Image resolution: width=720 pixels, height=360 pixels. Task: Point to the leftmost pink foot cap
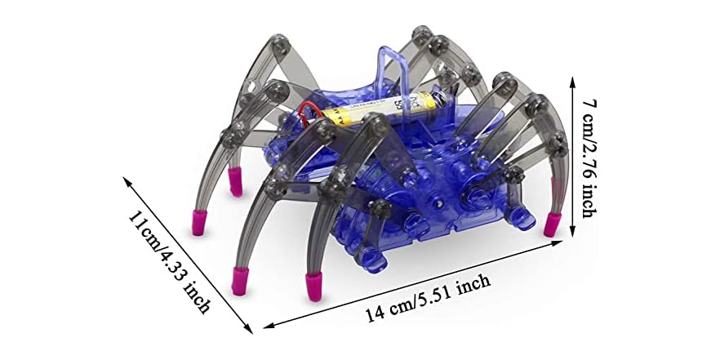click(x=198, y=222)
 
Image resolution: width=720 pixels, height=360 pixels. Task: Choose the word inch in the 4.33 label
click(x=198, y=296)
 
